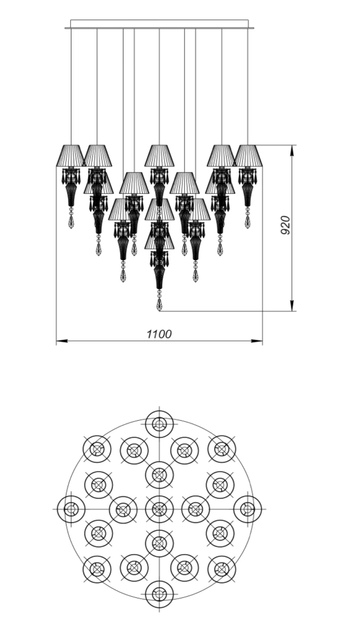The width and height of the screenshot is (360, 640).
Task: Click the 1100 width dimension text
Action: [x=159, y=334]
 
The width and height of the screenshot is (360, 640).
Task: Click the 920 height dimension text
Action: [x=285, y=225]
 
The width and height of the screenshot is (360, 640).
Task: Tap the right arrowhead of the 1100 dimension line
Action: [x=257, y=341]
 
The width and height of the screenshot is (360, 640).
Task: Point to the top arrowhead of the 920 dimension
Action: [x=292, y=151]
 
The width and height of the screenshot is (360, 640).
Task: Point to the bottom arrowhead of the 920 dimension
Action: [x=292, y=306]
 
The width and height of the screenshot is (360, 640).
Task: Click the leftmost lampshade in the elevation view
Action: [x=70, y=156]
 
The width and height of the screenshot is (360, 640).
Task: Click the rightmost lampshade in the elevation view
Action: [x=248, y=156]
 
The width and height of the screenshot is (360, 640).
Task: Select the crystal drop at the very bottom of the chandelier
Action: [x=159, y=304]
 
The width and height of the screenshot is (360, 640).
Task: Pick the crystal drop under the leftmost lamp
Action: [x=71, y=222]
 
